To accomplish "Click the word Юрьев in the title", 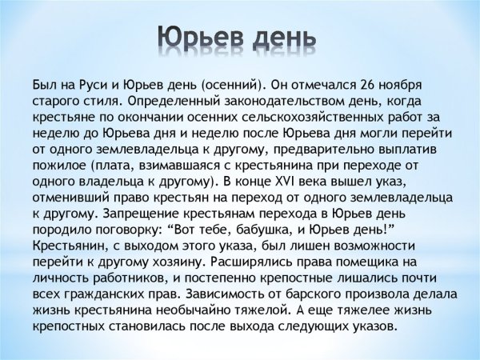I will click(198, 38).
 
